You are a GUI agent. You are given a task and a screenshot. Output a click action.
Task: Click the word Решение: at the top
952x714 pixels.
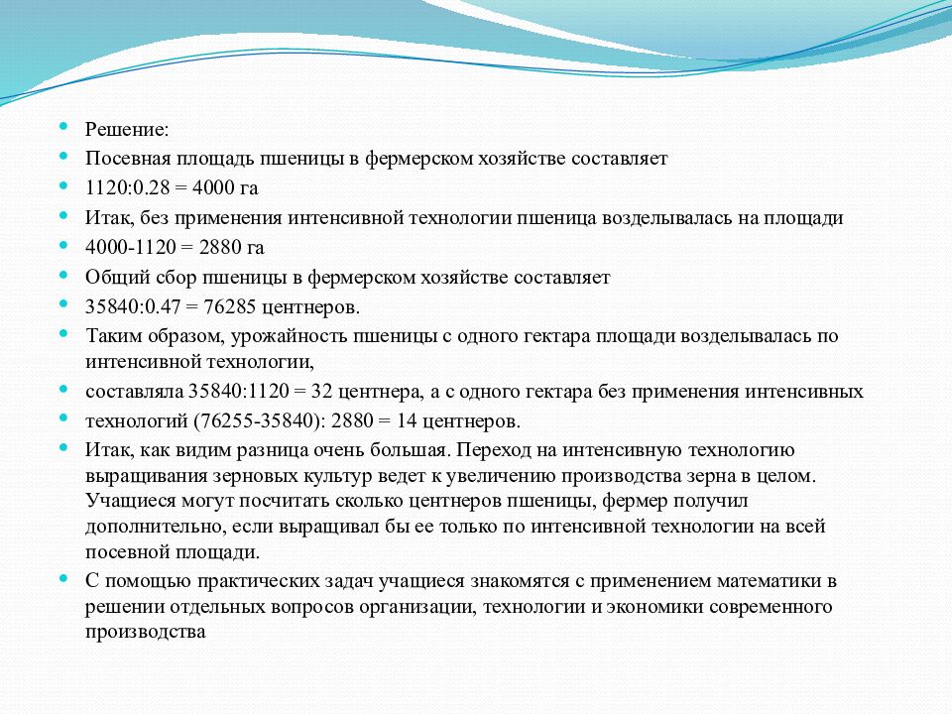[x=127, y=129]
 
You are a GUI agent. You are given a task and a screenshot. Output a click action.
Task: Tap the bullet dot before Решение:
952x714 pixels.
[x=63, y=126]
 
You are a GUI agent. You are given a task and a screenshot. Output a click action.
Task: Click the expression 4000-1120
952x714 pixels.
[x=131, y=248]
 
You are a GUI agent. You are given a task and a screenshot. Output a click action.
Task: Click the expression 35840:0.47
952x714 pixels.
[x=133, y=307]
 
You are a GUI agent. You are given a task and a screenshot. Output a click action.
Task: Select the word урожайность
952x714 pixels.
[x=288, y=336]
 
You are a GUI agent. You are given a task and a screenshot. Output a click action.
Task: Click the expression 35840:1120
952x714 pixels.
[x=239, y=392]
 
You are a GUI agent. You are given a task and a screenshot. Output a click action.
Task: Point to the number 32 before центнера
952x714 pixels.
[x=321, y=392]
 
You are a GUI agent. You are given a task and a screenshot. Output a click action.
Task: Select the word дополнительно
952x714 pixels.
[x=156, y=527]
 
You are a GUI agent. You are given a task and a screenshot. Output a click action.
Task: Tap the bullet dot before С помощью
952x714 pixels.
[x=63, y=578]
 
